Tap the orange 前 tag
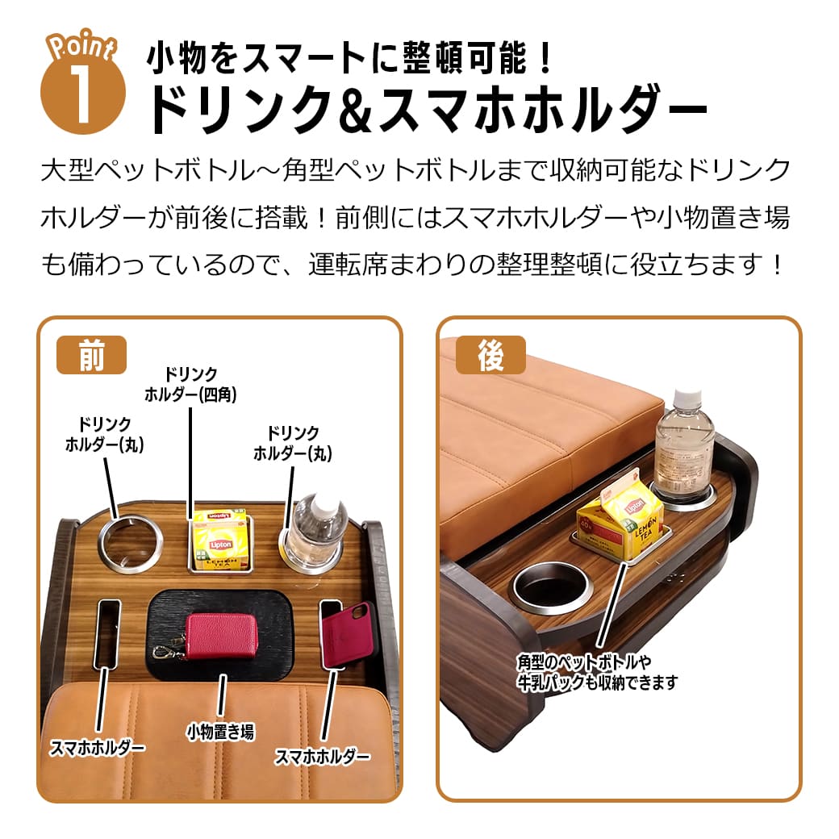click(91, 355)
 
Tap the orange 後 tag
click(490, 355)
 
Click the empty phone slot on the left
click(106, 633)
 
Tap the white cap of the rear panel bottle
click(686, 399)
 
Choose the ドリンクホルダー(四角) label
click(190, 384)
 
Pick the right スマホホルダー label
click(323, 757)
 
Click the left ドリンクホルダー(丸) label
click(104, 433)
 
